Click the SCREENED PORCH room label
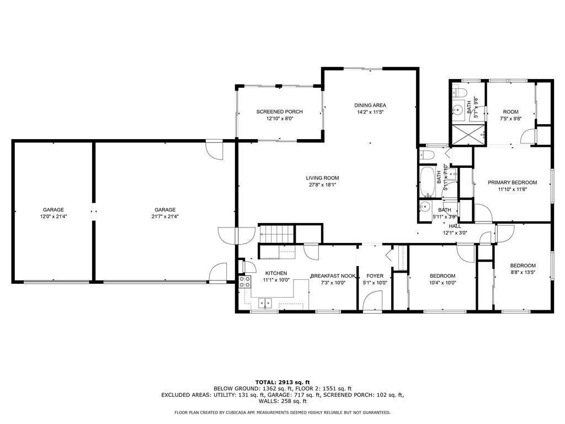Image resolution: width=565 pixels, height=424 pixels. tap(279, 112)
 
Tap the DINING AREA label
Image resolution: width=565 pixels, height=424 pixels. tap(370, 105)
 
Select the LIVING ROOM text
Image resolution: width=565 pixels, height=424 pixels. tap(322, 178)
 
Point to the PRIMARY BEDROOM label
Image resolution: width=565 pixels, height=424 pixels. tap(512, 182)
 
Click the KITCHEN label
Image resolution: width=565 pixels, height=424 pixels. tap(276, 273)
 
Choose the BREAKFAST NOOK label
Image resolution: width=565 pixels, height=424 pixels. tap(333, 276)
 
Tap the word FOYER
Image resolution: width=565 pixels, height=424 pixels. tap(375, 276)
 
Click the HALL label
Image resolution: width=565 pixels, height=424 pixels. tap(455, 226)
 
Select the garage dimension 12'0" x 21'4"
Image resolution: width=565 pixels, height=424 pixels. tap(54, 216)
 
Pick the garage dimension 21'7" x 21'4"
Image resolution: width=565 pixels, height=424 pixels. tap(165, 216)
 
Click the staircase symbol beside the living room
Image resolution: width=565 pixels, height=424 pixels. tap(276, 234)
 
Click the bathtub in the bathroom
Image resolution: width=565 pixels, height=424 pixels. tap(428, 182)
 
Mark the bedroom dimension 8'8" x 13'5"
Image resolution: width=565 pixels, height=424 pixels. tap(523, 273)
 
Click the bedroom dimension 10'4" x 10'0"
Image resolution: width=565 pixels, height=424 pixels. tap(443, 283)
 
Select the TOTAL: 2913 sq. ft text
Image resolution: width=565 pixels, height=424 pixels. tap(282, 382)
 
